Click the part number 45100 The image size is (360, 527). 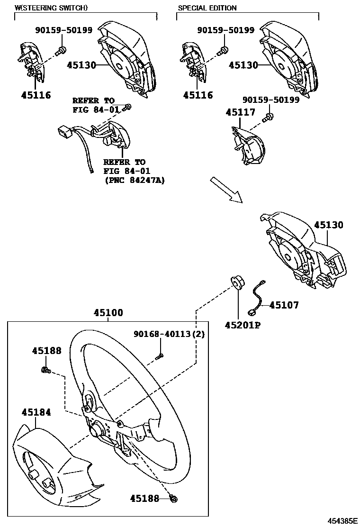coord(108,313)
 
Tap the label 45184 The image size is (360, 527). coord(36,412)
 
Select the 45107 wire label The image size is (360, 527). coord(284,306)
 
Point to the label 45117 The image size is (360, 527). coord(240,112)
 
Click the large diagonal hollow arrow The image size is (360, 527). coord(226,189)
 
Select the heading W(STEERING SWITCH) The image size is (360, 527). coord(51,8)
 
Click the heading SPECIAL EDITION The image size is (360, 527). coord(207,8)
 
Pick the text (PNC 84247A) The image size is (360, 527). coord(134,180)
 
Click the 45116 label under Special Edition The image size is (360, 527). coord(198,95)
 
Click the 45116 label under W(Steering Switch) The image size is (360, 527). coord(36,95)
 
